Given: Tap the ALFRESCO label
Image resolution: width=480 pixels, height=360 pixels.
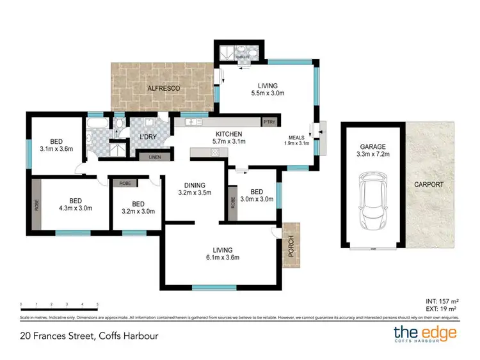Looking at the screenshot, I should (x=164, y=87).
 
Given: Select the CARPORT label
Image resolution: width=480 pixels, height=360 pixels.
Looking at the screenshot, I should (x=428, y=184).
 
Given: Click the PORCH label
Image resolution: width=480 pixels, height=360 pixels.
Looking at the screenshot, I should (x=291, y=247).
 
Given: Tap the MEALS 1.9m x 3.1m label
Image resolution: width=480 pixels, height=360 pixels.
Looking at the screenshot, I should (x=296, y=140).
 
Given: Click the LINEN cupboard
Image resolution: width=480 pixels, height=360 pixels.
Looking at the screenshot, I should (x=154, y=157).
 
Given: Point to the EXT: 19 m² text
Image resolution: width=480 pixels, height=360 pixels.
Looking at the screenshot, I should (x=440, y=309).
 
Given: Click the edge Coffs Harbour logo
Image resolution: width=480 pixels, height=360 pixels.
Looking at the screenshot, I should (x=424, y=334).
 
